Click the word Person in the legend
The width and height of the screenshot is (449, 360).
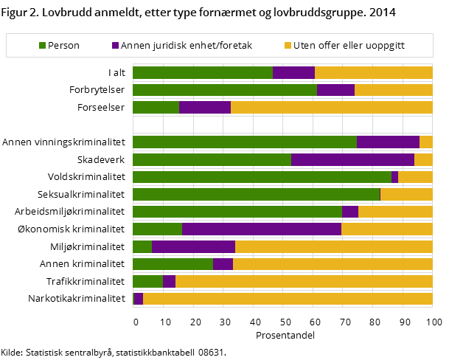pos(65,46)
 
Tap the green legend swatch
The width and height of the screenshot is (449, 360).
pos(43,46)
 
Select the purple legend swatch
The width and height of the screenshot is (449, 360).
pos(115,46)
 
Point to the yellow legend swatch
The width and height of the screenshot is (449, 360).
pos(288,46)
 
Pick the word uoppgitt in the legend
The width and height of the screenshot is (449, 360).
pos(382,46)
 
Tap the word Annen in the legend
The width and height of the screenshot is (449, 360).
pos(135,46)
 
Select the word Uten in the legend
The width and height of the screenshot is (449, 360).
pos(304,46)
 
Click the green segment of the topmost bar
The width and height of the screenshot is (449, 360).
pos(202,72)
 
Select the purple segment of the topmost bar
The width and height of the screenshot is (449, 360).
pos(293,72)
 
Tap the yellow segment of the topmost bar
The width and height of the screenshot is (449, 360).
pos(373,72)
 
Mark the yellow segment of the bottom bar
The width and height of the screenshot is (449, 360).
pos(288,299)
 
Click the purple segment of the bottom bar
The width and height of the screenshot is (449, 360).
pos(138,299)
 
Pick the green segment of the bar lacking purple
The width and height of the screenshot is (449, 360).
pos(256,194)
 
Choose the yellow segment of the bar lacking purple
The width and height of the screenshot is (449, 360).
pos(406,194)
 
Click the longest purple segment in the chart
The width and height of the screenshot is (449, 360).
pos(262,229)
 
